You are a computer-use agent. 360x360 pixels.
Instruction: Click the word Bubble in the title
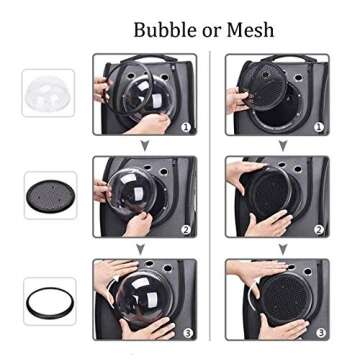(164, 29)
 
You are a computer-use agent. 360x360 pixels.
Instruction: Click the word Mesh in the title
(250, 29)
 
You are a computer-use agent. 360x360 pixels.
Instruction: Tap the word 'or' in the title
(211, 32)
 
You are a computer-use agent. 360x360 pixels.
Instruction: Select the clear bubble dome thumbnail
(48, 93)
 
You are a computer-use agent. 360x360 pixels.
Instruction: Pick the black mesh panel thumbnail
(51, 196)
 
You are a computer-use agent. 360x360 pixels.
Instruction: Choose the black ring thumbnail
(51, 303)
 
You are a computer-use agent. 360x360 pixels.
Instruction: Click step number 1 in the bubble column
(186, 127)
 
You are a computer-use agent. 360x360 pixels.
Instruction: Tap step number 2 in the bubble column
(186, 229)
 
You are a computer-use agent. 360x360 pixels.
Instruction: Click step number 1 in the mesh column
(319, 127)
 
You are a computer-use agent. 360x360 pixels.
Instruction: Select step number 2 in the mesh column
(319, 229)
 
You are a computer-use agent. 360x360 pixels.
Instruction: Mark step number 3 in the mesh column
(321, 332)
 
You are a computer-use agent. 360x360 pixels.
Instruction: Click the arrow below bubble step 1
(145, 146)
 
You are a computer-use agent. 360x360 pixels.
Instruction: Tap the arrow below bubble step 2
(140, 249)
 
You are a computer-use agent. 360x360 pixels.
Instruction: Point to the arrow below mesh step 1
(283, 146)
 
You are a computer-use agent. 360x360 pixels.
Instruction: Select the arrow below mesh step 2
(283, 249)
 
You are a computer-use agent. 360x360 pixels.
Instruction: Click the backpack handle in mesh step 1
(289, 57)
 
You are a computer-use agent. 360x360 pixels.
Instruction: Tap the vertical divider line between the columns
(210, 196)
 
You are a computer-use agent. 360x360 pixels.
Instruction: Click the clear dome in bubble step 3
(144, 298)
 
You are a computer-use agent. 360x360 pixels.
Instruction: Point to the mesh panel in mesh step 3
(287, 298)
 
